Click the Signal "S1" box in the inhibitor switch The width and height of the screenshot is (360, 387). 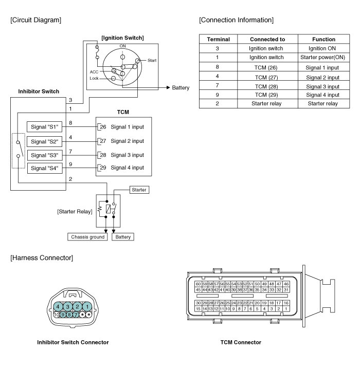pos(44,127)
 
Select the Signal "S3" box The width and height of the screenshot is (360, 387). pos(45,155)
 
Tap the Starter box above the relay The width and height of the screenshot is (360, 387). pos(139,190)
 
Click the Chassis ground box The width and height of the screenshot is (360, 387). pos(87,237)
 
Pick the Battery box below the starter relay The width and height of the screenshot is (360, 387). pos(123,237)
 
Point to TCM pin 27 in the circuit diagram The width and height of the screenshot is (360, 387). pos(103,141)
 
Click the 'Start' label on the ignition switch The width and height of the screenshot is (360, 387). pos(152,60)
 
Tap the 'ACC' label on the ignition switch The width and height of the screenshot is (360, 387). pos(94,72)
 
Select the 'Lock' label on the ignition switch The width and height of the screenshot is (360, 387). pos(94,78)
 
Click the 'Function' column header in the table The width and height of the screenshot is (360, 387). pos(323,39)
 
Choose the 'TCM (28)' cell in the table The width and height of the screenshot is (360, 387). pos(266,87)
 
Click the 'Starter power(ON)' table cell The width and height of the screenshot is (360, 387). pos(323,57)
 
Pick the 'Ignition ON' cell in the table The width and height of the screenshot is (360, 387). pos(322,48)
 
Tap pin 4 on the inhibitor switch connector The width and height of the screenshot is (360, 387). pos(58,307)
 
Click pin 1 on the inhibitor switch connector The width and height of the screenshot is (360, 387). pos(87,307)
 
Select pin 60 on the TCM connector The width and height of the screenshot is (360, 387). pos(199,284)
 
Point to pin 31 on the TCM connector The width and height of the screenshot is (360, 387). pos(286,290)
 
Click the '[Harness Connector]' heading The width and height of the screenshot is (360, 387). pos(42,258)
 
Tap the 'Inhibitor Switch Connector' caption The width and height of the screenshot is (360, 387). pos(73,342)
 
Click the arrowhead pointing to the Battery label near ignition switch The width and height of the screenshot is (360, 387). pos(168,87)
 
